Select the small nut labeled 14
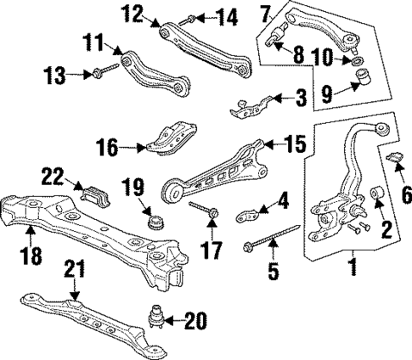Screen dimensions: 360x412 [x=192, y=16]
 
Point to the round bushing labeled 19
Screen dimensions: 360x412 [x=155, y=222]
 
